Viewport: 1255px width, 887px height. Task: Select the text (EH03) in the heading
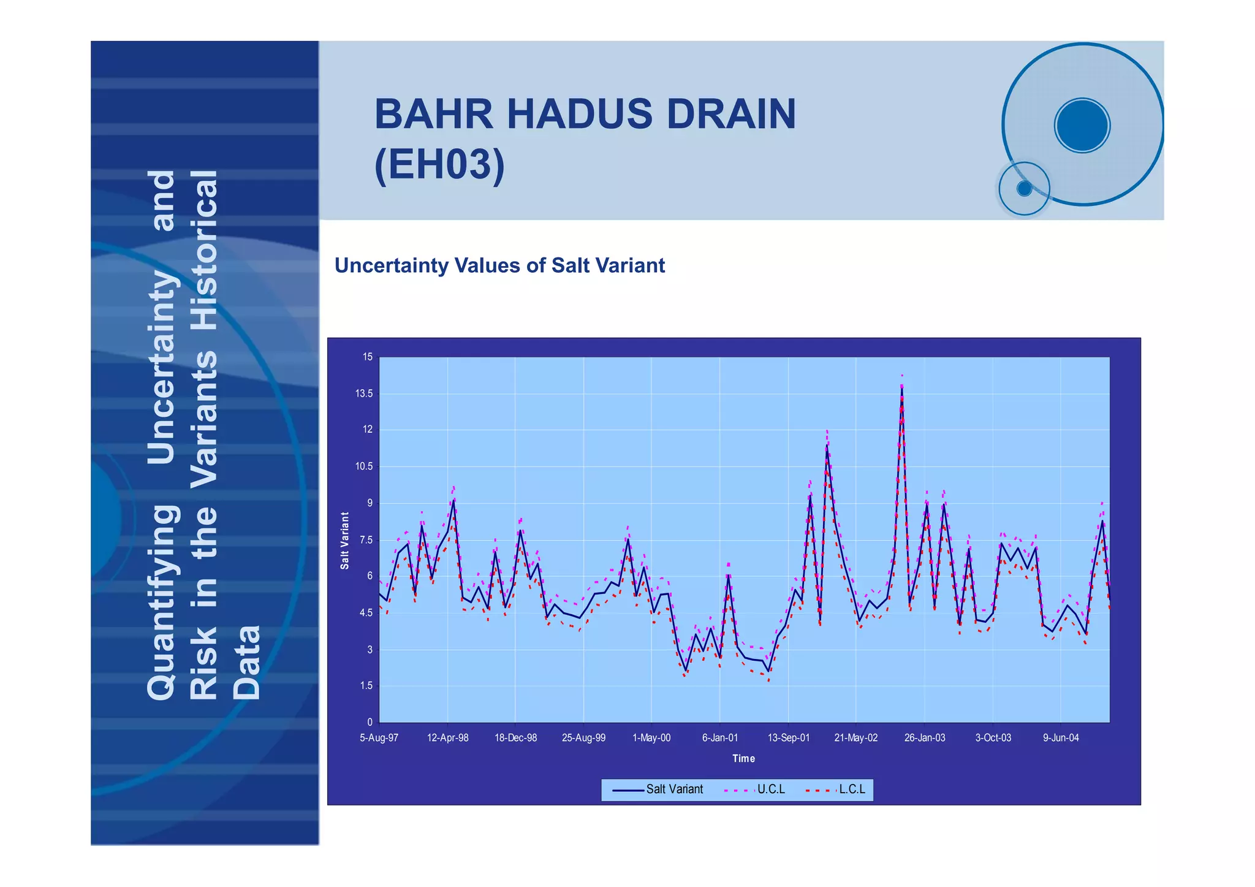[x=439, y=164]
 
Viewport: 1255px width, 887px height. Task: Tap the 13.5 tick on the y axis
[x=364, y=394]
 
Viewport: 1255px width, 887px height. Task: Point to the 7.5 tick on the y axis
[x=365, y=540]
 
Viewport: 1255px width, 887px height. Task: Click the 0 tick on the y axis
[x=370, y=722]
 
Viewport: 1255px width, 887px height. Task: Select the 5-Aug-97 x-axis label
[x=379, y=738]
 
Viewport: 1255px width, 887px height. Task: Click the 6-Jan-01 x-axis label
[x=719, y=738]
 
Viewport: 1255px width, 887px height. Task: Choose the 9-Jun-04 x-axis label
[x=1061, y=738]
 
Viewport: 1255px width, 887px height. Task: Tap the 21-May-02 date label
[x=855, y=738]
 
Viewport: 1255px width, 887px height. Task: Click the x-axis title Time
[x=743, y=758]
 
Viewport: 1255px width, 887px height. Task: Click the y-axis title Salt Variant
[x=345, y=540]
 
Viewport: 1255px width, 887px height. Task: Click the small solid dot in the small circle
[x=1024, y=189]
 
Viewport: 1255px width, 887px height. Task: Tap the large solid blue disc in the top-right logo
[x=1082, y=126]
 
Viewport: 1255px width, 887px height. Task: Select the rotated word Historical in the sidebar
[x=204, y=250]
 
